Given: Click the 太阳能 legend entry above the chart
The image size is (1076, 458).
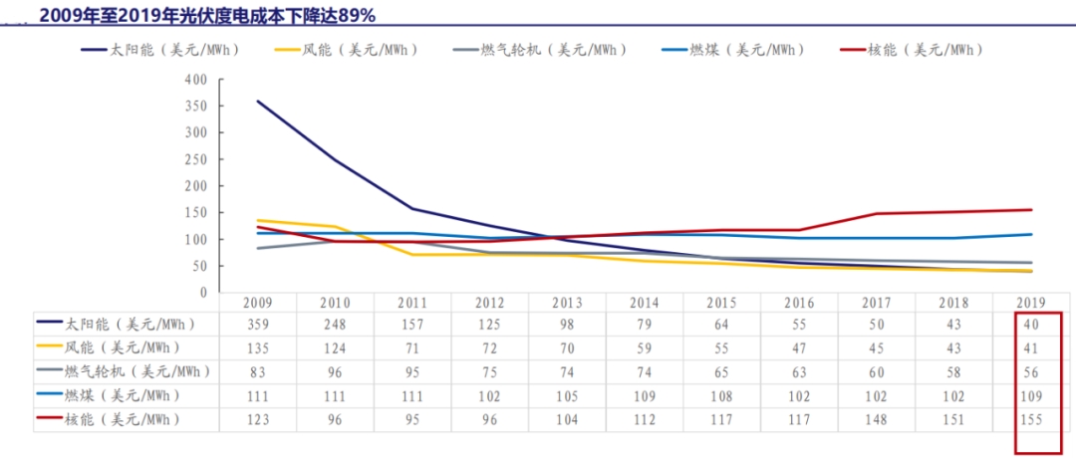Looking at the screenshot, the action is (x=160, y=50).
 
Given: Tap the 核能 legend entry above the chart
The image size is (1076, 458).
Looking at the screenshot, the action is (x=912, y=50).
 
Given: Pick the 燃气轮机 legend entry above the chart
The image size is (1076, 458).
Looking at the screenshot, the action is (x=540, y=50).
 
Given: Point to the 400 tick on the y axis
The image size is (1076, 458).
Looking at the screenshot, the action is (x=196, y=79).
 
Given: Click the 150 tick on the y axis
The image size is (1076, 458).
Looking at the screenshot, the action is (x=196, y=212).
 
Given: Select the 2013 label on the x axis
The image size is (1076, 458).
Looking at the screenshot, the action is (x=567, y=303).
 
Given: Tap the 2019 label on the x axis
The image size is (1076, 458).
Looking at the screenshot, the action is (x=1031, y=303).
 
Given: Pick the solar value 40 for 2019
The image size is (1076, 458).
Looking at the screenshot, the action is (x=1031, y=325).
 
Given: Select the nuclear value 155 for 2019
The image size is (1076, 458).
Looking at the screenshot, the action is (x=1031, y=420).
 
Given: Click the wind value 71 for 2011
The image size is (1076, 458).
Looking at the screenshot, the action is (x=412, y=348).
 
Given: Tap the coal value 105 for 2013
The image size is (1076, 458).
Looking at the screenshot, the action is (x=567, y=396).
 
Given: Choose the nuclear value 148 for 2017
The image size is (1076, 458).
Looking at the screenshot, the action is (x=877, y=420).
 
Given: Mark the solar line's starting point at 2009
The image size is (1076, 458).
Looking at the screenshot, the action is (x=258, y=102).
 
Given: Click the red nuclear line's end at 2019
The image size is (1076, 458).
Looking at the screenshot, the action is (x=1031, y=210).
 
